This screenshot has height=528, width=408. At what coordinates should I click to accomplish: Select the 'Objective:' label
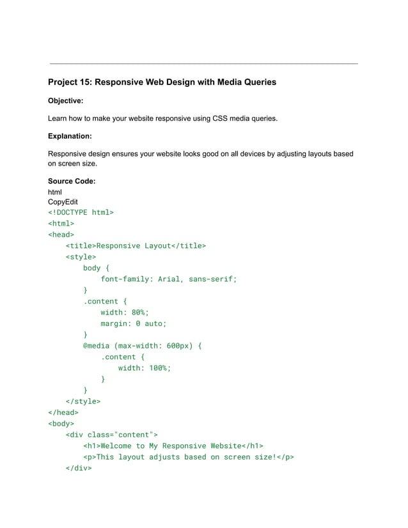pos(66,100)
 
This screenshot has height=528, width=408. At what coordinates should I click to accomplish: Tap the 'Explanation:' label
pos(70,136)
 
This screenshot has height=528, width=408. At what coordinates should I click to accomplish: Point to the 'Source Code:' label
pos(72,182)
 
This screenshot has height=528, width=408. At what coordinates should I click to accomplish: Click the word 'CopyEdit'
pos(63,201)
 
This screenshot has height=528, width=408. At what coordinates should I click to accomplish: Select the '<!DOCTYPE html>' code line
pos(81,213)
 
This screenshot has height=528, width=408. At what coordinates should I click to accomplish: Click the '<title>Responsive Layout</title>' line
pos(136,245)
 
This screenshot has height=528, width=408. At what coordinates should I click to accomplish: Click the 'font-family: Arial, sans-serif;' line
pos(168,279)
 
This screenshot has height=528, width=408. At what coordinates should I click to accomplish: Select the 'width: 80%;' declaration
pos(124,313)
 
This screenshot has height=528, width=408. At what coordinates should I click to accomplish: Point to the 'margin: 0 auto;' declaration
pos(133,323)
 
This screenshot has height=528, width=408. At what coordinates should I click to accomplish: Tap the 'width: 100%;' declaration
pos(144,368)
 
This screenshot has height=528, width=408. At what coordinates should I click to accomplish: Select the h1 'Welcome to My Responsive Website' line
pos(173,446)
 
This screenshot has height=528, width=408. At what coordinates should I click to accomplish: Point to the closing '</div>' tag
pos(78,468)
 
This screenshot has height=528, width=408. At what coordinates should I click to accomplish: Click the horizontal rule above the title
pos(203,64)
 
